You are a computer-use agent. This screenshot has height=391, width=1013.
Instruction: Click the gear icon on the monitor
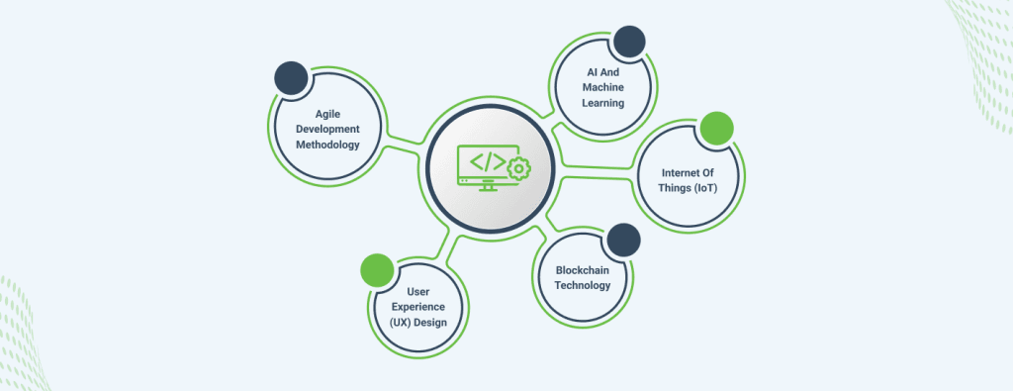(518, 169)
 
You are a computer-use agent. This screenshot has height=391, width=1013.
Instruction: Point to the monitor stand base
(488, 190)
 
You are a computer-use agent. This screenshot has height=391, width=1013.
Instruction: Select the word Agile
(327, 114)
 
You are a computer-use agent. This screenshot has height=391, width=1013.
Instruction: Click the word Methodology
(327, 145)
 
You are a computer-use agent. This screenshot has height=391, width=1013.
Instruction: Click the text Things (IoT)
(689, 188)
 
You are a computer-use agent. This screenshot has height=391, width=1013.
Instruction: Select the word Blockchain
(582, 270)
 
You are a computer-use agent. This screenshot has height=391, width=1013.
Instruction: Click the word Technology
(582, 286)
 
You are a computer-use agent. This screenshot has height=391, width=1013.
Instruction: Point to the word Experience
(418, 307)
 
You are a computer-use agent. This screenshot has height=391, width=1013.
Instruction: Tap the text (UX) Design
(418, 323)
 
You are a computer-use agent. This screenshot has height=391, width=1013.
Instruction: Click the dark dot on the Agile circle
(291, 78)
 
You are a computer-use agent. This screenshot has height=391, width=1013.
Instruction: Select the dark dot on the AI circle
(629, 42)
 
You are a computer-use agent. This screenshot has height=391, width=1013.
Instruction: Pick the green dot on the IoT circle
(716, 128)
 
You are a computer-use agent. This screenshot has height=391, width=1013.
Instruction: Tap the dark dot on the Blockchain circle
(623, 240)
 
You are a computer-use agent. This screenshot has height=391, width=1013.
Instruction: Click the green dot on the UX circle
(377, 270)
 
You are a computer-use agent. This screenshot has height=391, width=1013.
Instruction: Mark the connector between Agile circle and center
(405, 144)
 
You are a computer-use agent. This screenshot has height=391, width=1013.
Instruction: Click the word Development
(327, 130)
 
